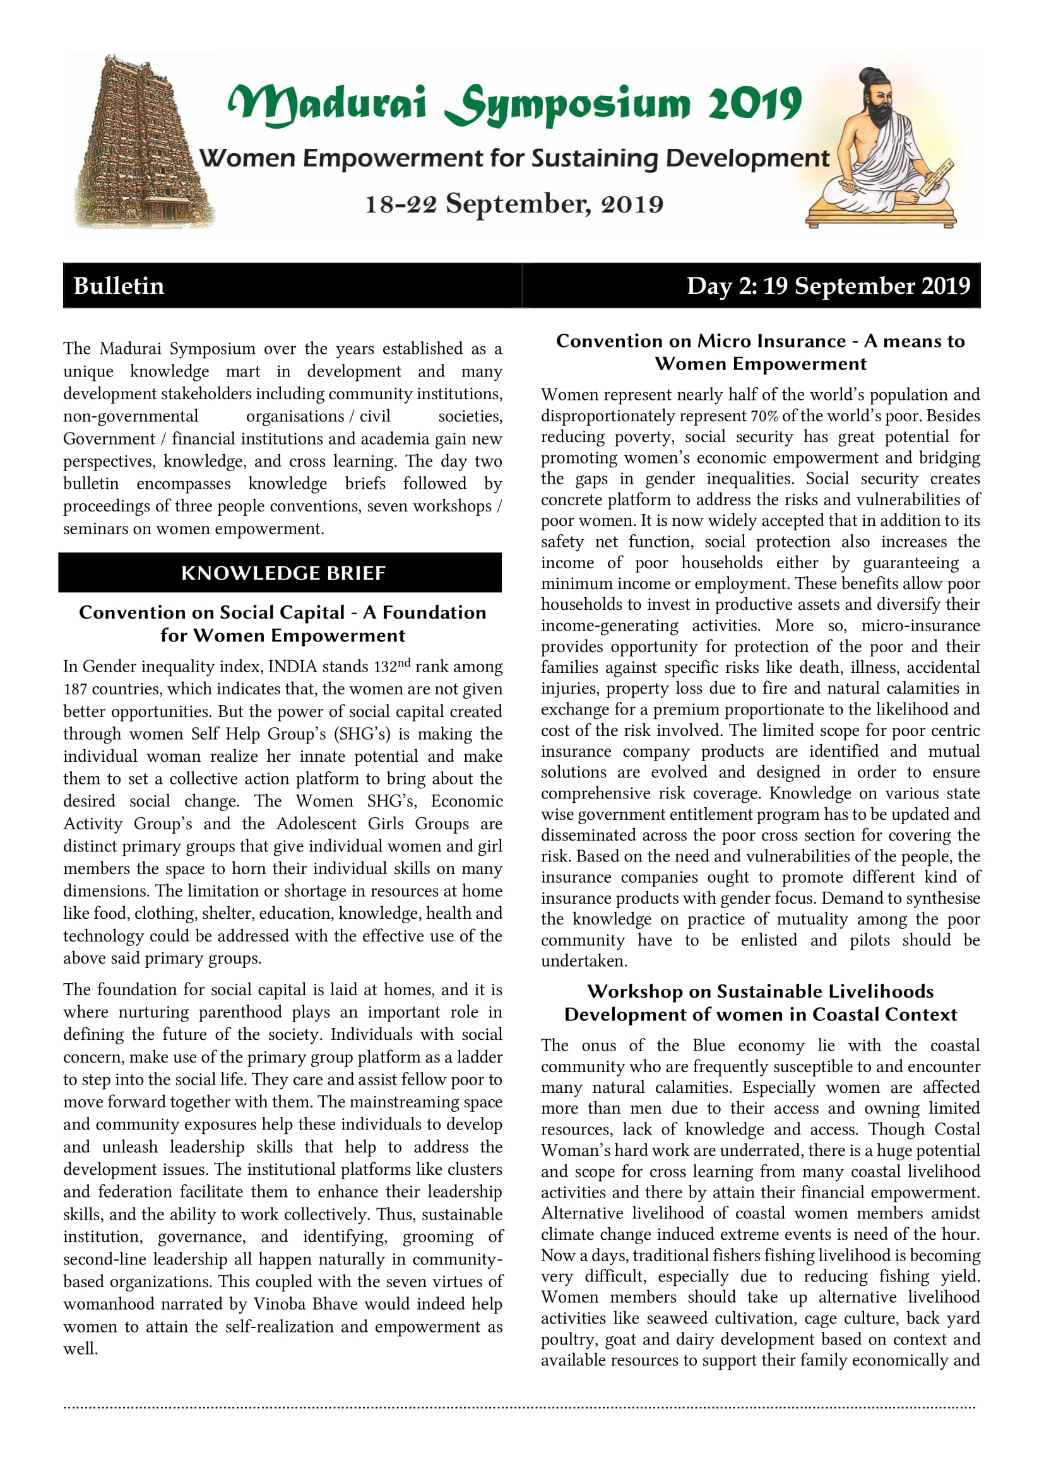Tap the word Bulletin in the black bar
119,286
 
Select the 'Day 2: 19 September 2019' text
828,286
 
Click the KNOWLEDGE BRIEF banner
283,573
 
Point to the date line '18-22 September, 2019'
514,204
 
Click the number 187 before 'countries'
75,689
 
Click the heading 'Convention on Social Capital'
212,612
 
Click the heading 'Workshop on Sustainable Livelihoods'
761,991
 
